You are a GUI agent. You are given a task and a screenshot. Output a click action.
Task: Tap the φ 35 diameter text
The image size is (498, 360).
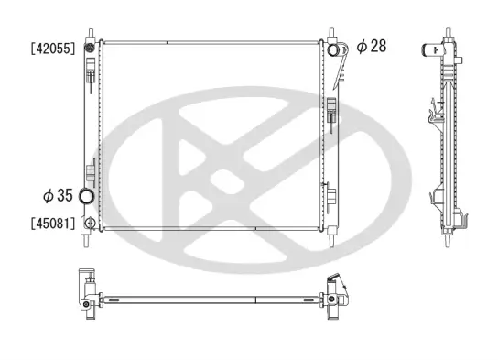pos(60,195)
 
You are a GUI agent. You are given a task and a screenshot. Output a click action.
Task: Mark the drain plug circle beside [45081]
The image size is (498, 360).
pos(89,223)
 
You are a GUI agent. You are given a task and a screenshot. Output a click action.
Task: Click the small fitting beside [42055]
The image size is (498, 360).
pos(90,48)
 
